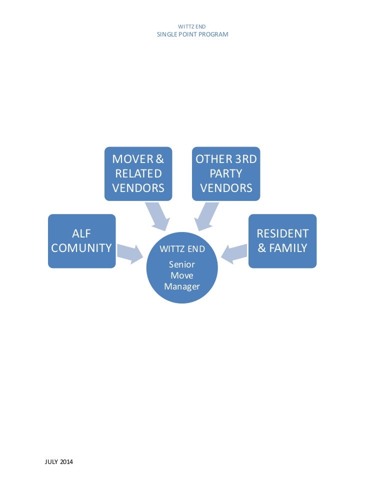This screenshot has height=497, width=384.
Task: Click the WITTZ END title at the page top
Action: (192, 26)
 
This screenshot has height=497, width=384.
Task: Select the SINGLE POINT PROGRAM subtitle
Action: (192, 34)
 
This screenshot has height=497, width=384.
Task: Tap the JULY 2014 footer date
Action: (59, 462)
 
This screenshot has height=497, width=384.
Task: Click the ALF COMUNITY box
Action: (81, 241)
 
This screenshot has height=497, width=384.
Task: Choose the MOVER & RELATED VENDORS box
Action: (138, 173)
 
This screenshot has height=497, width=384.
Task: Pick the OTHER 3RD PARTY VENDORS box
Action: (226, 173)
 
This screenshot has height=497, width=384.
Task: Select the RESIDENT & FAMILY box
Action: (282, 241)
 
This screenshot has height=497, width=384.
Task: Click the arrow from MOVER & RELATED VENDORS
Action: (159, 214)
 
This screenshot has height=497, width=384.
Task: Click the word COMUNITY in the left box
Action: (81, 248)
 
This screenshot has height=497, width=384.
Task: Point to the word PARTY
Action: (226, 173)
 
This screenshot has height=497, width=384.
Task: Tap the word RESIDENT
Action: (282, 233)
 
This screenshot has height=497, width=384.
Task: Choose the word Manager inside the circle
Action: (182, 286)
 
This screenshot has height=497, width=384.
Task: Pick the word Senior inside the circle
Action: (182, 265)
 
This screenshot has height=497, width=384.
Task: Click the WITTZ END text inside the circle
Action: (182, 249)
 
